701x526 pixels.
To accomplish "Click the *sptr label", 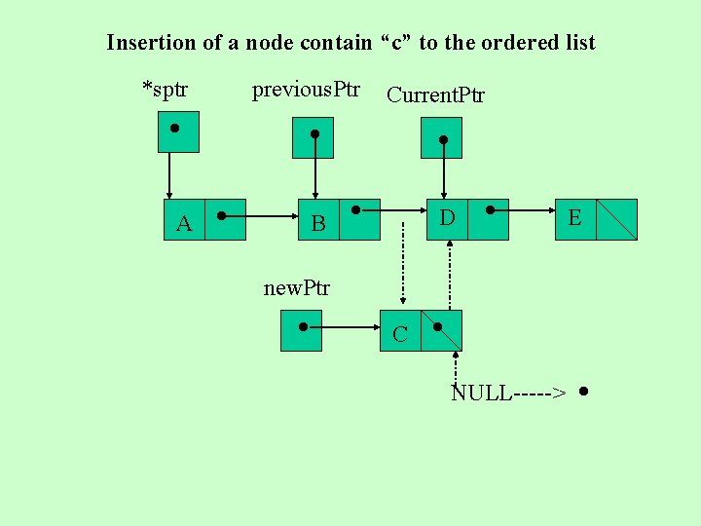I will pyautogui.click(x=166, y=91).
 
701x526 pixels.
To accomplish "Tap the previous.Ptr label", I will pyautogui.click(x=306, y=91).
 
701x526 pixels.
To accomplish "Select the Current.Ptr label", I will pyautogui.click(x=435, y=94).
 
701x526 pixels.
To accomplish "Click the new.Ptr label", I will pyautogui.click(x=297, y=288).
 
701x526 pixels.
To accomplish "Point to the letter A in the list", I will pyautogui.click(x=184, y=224).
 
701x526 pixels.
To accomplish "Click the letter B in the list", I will pyautogui.click(x=317, y=224).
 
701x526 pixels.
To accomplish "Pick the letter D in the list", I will pyautogui.click(x=447, y=216).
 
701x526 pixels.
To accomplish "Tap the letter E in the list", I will pyautogui.click(x=574, y=218).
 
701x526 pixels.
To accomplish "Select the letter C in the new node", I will pyautogui.click(x=399, y=335).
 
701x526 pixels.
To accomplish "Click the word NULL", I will pyautogui.click(x=481, y=394).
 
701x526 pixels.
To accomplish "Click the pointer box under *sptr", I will pyautogui.click(x=178, y=131).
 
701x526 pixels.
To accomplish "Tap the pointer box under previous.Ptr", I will pyautogui.click(x=313, y=137).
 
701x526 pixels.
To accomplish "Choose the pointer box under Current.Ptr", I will pyautogui.click(x=441, y=137).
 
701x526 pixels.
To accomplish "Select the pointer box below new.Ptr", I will pyautogui.click(x=301, y=330).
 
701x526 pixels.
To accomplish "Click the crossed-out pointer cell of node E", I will pyautogui.click(x=616, y=219).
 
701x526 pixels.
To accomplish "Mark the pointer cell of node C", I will pyautogui.click(x=441, y=330).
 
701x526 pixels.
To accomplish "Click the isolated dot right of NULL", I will pyautogui.click(x=582, y=393).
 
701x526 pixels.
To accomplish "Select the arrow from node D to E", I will pyautogui.click(x=526, y=208).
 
